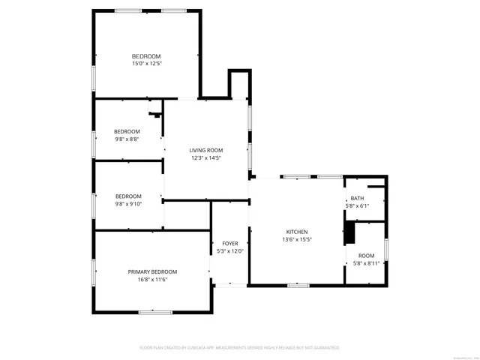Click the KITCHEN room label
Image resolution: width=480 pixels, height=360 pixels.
(297, 232)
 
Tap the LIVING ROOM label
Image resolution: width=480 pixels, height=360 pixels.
(206, 151)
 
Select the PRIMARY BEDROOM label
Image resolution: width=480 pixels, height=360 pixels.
(152, 271)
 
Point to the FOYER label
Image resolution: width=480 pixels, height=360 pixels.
(230, 244)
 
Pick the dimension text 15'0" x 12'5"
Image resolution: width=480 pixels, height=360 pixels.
(146, 64)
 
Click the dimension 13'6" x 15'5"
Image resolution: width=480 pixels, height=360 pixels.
(297, 240)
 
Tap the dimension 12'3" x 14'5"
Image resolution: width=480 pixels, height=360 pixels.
(206, 158)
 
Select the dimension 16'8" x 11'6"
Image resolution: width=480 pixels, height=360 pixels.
(152, 280)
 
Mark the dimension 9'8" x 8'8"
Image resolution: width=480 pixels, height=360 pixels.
(127, 139)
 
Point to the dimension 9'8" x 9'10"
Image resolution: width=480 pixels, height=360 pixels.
(127, 204)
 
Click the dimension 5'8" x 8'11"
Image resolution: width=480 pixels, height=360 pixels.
(367, 263)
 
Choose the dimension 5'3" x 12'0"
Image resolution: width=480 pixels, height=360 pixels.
(230, 251)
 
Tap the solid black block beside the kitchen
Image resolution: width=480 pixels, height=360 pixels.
(349, 232)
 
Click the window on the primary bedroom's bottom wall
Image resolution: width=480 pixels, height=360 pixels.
(156, 312)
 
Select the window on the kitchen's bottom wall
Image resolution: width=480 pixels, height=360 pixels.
(298, 285)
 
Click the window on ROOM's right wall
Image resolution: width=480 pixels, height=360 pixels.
(386, 248)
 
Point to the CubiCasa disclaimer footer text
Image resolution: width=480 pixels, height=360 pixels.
(240, 348)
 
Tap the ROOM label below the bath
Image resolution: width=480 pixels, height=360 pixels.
(367, 256)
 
